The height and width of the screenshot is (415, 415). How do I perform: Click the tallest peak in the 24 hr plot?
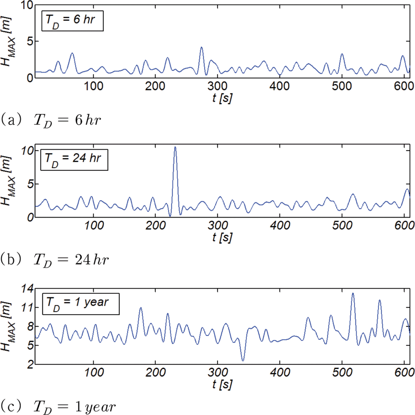pyautogui.click(x=175, y=147)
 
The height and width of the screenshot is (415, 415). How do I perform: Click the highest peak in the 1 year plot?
pyautogui.click(x=353, y=294)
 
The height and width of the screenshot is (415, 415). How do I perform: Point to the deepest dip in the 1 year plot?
pyautogui.click(x=243, y=360)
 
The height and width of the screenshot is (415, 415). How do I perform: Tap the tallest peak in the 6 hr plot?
pyautogui.click(x=201, y=48)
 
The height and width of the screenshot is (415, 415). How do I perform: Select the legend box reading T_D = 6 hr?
pyautogui.click(x=72, y=21)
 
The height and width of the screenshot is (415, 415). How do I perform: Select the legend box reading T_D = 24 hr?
pyautogui.click(x=74, y=160)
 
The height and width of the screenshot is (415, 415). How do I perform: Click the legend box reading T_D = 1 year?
pyautogui.click(x=81, y=304)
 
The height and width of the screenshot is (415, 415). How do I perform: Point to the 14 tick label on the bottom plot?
pyautogui.click(x=27, y=289)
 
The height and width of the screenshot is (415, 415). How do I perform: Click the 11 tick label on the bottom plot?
pyautogui.click(x=27, y=307)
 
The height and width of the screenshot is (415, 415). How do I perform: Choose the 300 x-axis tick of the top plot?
pyautogui.click(x=217, y=86)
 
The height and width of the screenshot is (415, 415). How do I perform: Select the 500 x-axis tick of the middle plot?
pyautogui.click(x=342, y=226)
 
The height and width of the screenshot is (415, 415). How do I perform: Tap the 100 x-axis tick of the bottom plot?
pyautogui.click(x=94, y=373)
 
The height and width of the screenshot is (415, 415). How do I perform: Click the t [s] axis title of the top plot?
pyautogui.click(x=222, y=98)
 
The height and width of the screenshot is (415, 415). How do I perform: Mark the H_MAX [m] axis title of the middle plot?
pyautogui.click(x=7, y=180)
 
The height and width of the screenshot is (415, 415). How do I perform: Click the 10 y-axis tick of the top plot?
pyautogui.click(x=27, y=5)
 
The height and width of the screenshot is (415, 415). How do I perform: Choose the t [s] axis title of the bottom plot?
pyautogui.click(x=222, y=384)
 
